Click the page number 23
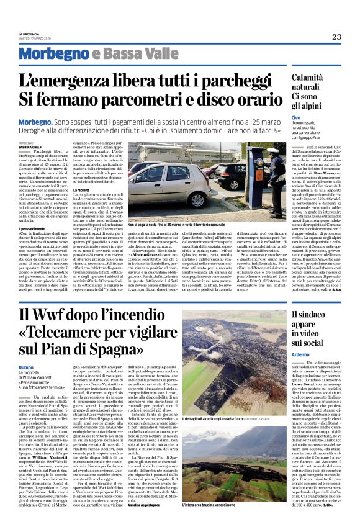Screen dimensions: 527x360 (336, 37)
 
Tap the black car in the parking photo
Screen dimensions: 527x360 (225, 173)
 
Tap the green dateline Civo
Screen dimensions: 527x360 (296, 117)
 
